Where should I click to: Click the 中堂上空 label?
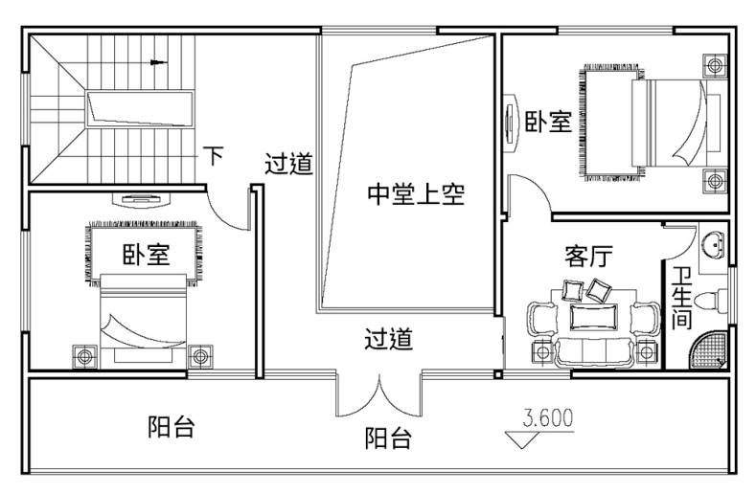point(416,194)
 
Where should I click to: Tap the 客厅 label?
point(588,256)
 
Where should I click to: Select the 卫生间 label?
point(682,298)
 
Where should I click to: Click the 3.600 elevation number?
point(548,418)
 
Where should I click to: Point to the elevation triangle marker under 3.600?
point(521,439)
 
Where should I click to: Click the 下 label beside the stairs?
point(214,155)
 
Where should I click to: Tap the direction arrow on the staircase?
point(158,62)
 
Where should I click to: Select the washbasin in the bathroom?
point(713,244)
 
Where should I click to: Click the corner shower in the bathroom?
point(710,349)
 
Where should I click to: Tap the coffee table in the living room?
point(593,317)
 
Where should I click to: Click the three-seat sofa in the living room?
point(593,353)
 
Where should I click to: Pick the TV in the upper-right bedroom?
point(510,123)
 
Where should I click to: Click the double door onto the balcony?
point(379,394)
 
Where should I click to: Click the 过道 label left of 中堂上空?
point(288,164)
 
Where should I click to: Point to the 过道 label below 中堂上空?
point(389,339)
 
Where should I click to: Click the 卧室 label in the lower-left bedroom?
point(146,255)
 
